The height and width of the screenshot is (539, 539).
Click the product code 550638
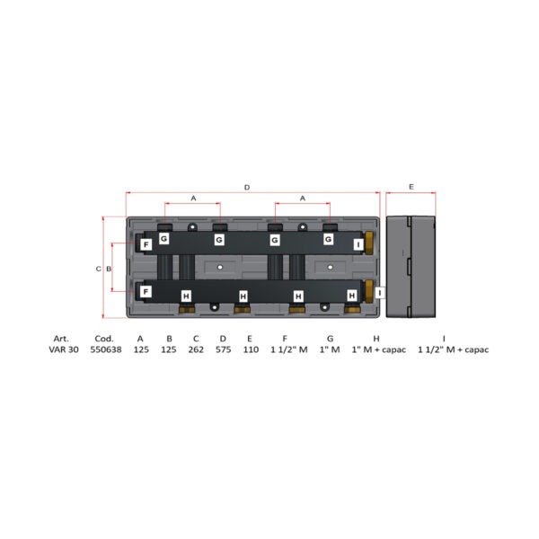pos(106,349)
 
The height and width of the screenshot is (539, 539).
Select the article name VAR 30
pos(64,349)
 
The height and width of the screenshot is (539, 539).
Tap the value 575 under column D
pos(223,349)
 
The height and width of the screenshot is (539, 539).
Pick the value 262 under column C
pos(196,349)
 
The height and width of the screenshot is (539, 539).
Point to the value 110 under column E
pos(251,349)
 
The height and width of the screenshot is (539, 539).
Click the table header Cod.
pos(104,339)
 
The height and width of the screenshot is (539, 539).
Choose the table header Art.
pos(61,339)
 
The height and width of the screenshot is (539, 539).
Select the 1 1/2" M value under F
pos(289,349)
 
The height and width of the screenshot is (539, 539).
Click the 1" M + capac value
pos(378,349)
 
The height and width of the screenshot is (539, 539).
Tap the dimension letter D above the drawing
pos(247,188)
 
